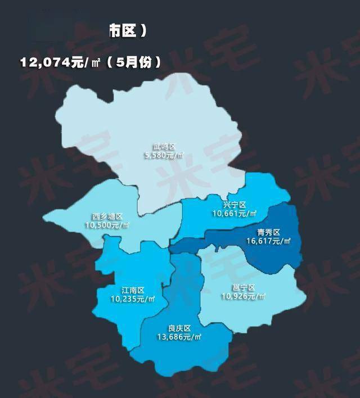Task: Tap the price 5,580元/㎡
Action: pos(165,155)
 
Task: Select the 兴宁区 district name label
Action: pos(235,205)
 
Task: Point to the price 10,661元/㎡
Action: pos(235,214)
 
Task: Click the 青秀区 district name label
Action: pos(269,232)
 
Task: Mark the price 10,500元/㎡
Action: pos(107,225)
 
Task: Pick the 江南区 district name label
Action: pos(133,291)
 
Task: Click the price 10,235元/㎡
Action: pos(133,299)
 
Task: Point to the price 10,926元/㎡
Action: pos(243,296)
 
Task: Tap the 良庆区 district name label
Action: pos(179,328)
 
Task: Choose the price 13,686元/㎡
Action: pos(179,337)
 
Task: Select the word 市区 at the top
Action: pos(123,32)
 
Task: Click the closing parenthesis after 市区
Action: pos(144,32)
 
